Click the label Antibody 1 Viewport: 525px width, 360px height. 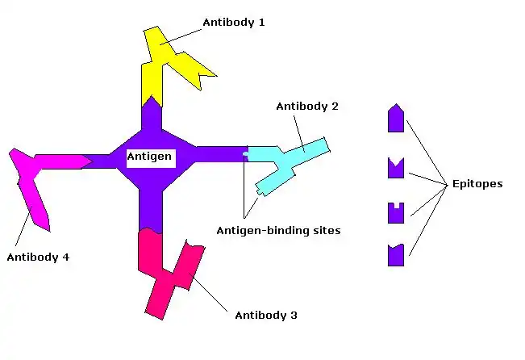tap(234, 23)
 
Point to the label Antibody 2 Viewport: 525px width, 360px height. tap(306, 107)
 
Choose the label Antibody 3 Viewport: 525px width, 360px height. tap(266, 315)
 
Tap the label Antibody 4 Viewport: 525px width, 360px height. tap(38, 257)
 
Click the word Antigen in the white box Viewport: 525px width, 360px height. tap(150, 157)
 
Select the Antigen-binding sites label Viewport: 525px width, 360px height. tap(278, 230)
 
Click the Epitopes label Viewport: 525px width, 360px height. tap(477, 184)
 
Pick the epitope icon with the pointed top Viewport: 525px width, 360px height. tap(395, 119)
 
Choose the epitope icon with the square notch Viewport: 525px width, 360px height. tap(395, 213)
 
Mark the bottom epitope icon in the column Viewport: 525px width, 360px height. tap(395, 255)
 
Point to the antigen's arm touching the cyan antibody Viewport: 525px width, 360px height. tap(218, 153)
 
